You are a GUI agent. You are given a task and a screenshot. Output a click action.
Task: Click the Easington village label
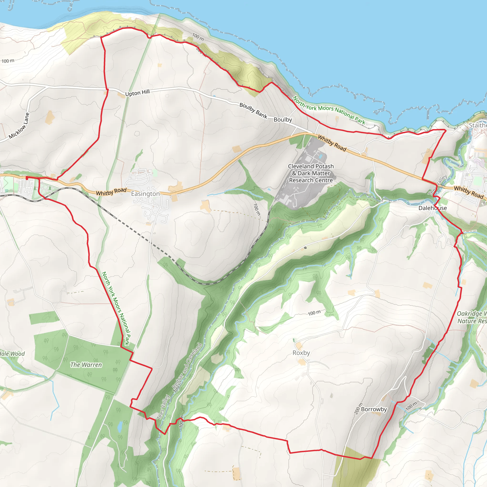pos(146,194)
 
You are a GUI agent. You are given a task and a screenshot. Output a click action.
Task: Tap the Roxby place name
pos(301,353)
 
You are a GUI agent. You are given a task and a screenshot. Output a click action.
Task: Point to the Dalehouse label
pos(433,208)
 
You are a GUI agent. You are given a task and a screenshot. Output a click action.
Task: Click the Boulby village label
pos(283,119)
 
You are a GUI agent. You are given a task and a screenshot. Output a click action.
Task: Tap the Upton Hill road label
pos(137,93)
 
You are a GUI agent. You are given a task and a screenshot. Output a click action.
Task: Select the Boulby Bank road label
pos(253,110)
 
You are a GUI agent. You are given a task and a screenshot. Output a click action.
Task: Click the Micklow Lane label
pos(19,126)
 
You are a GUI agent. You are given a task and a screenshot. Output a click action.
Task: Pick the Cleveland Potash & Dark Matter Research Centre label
pos(311,173)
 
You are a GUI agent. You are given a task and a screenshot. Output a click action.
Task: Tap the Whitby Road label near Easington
pos(111,192)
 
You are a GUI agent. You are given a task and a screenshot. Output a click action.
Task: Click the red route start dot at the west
pos(27,178)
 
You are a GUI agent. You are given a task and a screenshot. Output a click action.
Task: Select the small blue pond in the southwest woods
pos(120,426)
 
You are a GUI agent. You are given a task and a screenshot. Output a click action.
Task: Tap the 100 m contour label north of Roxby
pos(314,313)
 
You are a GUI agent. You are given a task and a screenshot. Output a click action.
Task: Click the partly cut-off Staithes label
pos(478,125)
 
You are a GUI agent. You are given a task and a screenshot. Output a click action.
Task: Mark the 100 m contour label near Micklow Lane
pos(8,61)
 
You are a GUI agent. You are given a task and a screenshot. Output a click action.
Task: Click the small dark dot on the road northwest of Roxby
pos(305,248)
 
